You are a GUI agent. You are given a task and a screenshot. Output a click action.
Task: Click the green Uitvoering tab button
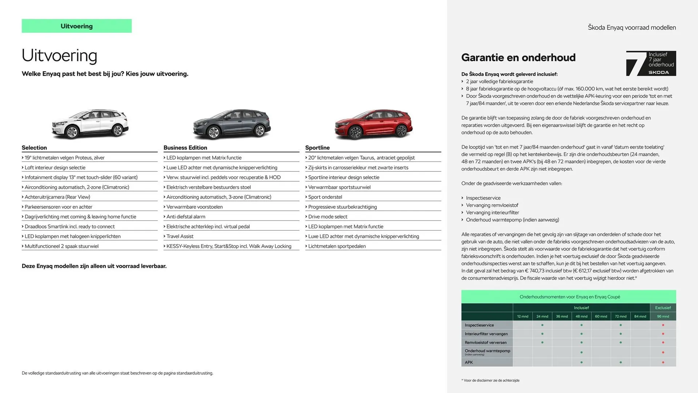pyautogui.click(x=76, y=26)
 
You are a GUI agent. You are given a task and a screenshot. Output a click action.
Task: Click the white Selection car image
pyautogui.click(x=90, y=124)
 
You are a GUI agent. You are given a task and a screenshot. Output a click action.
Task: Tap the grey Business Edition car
pyautogui.click(x=232, y=124)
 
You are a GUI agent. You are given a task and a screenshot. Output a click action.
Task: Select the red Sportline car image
pyautogui.click(x=373, y=124)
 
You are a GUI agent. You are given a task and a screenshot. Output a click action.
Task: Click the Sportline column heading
pyautogui.click(x=317, y=148)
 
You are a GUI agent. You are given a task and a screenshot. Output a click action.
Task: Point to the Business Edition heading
pyautogui.click(x=185, y=148)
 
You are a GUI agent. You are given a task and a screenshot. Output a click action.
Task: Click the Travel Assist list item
pyautogui.click(x=180, y=236)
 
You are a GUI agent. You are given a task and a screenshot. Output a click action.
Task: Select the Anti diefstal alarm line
pyautogui.click(x=185, y=217)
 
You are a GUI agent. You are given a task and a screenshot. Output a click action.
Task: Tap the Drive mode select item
pyautogui.click(x=328, y=217)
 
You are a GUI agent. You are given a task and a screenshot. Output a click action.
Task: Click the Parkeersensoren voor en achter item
pyautogui.click(x=58, y=207)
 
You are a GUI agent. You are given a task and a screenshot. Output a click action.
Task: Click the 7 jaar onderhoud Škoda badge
pyautogui.click(x=651, y=63)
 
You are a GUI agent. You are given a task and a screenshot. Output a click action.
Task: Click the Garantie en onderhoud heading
pyautogui.click(x=518, y=57)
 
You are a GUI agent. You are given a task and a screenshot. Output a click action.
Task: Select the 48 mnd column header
pyautogui.click(x=581, y=316)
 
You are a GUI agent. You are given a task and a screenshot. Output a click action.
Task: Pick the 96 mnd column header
pyautogui.click(x=663, y=316)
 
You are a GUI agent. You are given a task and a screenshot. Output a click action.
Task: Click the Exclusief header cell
pyautogui.click(x=663, y=307)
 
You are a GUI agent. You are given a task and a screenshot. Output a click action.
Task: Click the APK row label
pyautogui.click(x=469, y=362)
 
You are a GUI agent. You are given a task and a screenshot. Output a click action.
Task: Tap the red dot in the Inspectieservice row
pyautogui.click(x=663, y=325)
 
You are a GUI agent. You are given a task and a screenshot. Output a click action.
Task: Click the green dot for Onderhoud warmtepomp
pyautogui.click(x=581, y=352)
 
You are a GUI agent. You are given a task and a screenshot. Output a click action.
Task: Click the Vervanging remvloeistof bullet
pyautogui.click(x=492, y=205)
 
